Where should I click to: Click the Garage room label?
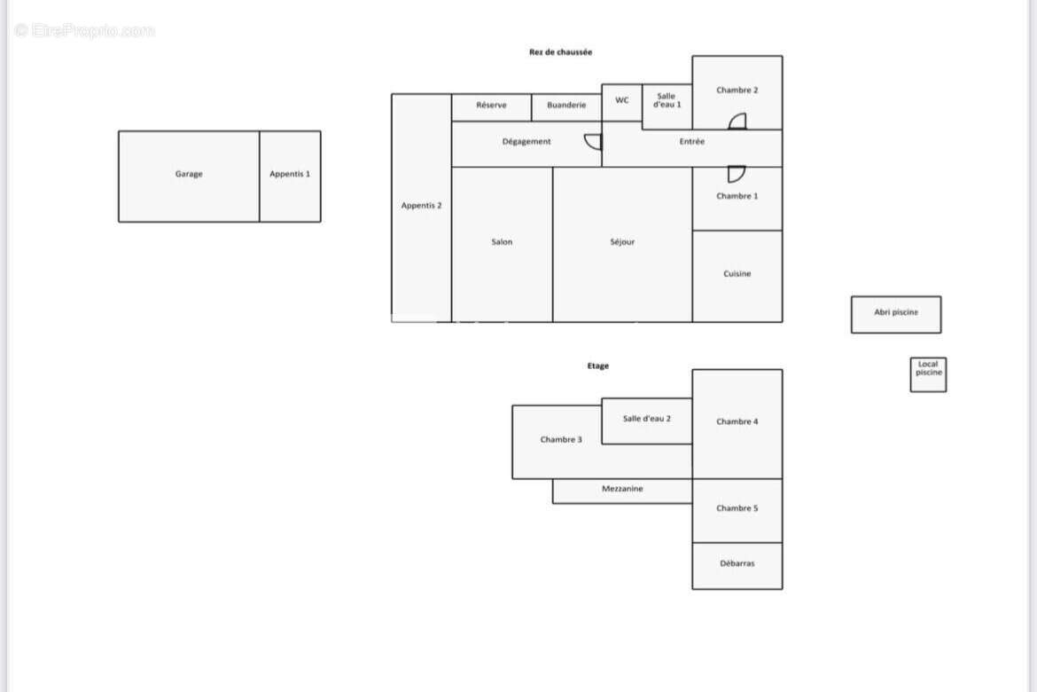click(189, 174)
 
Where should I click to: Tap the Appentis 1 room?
click(291, 177)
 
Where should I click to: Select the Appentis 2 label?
click(421, 205)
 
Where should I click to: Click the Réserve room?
click(491, 107)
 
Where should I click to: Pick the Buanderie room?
click(566, 107)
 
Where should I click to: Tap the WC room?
click(621, 103)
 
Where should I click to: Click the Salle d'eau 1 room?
click(667, 106)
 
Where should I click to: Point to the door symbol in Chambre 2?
click(737, 122)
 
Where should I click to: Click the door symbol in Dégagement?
click(593, 142)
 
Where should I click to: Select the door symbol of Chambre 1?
click(737, 174)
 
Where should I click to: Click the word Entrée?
click(691, 142)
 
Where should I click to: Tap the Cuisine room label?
click(737, 273)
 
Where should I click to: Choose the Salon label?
click(502, 241)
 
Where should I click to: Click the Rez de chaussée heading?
click(560, 51)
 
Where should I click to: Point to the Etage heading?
click(598, 366)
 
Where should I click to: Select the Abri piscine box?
click(896, 315)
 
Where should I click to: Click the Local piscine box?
click(929, 374)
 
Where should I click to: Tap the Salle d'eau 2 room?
click(647, 421)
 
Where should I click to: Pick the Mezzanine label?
click(622, 489)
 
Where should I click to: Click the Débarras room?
click(737, 566)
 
